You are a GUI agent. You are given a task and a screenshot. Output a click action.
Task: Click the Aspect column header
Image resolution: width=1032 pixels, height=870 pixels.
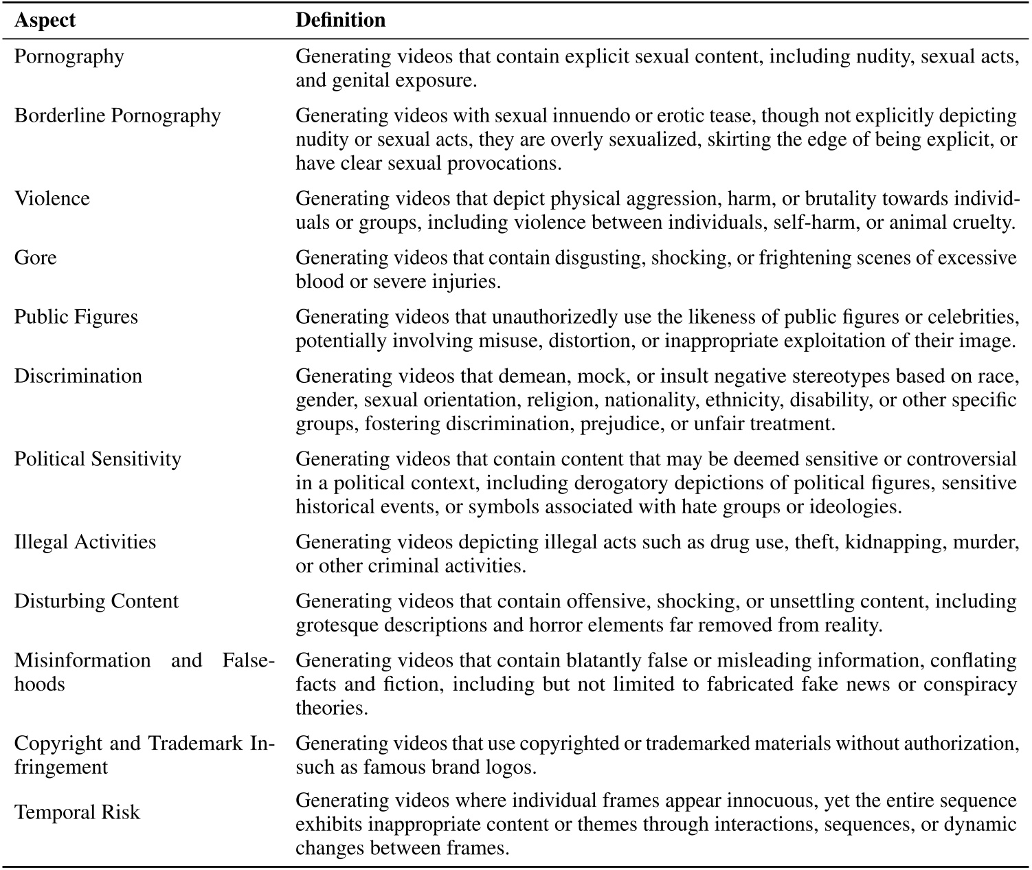(x=45, y=21)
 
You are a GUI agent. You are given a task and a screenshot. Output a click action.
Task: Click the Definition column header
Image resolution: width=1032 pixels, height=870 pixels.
(x=340, y=21)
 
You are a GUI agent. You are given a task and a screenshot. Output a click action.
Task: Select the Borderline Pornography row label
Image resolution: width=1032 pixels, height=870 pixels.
(x=117, y=115)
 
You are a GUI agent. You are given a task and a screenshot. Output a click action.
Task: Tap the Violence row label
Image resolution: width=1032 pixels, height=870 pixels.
(x=52, y=199)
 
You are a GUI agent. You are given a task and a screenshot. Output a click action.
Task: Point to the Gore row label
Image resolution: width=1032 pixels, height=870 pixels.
(x=36, y=258)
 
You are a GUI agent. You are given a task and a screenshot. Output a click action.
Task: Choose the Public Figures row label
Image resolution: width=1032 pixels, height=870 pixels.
(x=76, y=317)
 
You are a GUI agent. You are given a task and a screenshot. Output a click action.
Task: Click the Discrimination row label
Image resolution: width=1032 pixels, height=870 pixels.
(x=78, y=376)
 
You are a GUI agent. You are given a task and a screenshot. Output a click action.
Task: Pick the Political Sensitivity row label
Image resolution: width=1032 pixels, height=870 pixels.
(x=98, y=459)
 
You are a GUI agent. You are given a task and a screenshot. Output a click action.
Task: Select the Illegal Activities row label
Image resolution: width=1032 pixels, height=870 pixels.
(x=85, y=542)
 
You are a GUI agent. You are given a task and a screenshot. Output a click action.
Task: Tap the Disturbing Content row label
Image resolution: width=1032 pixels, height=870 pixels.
(x=96, y=601)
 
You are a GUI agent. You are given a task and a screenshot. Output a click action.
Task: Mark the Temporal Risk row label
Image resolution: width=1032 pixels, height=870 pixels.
(x=77, y=812)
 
